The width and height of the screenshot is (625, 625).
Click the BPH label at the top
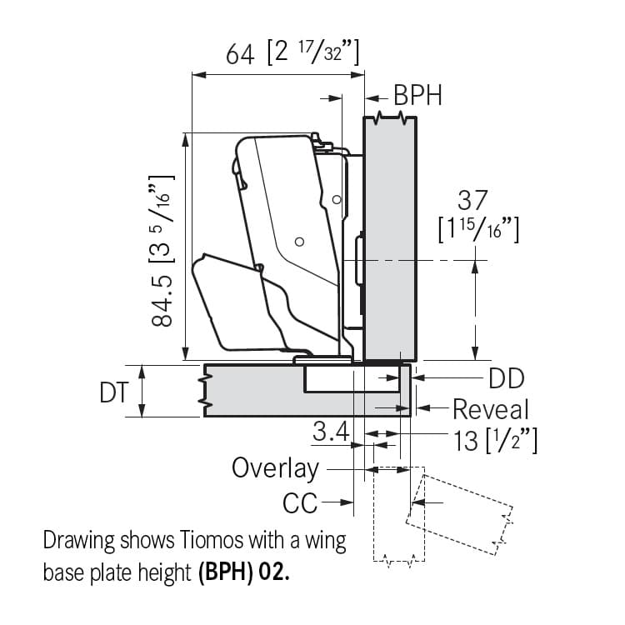[417, 95]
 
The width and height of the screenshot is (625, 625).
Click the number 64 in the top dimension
[240, 55]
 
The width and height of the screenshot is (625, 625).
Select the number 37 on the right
[472, 200]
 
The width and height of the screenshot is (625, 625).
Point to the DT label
[114, 392]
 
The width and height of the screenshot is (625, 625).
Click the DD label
[506, 378]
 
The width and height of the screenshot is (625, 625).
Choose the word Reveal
[491, 409]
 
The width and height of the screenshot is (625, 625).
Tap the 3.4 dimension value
[331, 431]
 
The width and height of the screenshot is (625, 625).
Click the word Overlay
[276, 468]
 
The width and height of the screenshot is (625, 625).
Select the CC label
[300, 503]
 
